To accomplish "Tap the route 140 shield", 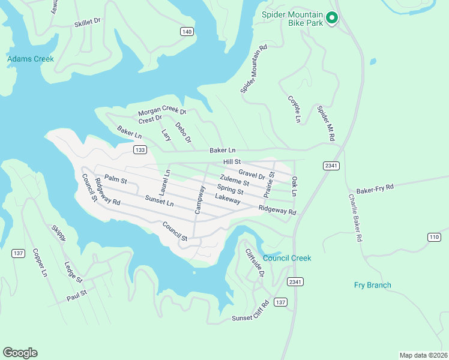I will pyautogui.click(x=187, y=31).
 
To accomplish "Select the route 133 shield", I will pyautogui.click(x=140, y=150).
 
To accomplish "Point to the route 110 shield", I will pyautogui.click(x=435, y=238).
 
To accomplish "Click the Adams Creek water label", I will pyautogui.click(x=30, y=59).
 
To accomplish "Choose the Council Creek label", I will pyautogui.click(x=287, y=258).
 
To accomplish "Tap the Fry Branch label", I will pyautogui.click(x=372, y=285).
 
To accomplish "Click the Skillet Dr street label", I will pyautogui.click(x=87, y=22).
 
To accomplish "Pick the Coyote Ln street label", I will pyautogui.click(x=293, y=109).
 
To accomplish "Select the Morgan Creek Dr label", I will pyautogui.click(x=162, y=112).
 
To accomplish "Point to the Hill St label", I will pyautogui.click(x=232, y=162).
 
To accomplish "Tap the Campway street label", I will pyautogui.click(x=199, y=199).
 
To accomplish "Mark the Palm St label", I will pyautogui.click(x=115, y=179).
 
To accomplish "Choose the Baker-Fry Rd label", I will pyautogui.click(x=375, y=188).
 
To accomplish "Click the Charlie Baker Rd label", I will pyautogui.click(x=355, y=217).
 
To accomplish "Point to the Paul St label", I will pyautogui.click(x=77, y=295).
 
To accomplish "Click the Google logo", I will pyautogui.click(x=20, y=353).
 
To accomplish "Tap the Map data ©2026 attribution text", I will pyautogui.click(x=423, y=355).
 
